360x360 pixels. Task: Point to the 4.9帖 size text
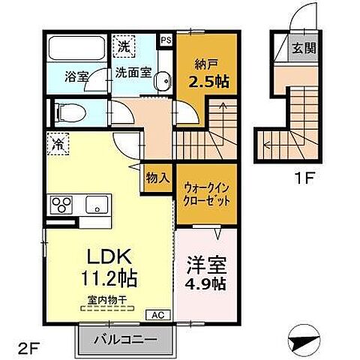pyautogui.click(x=205, y=285)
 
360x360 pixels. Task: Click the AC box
pyautogui.click(x=159, y=315)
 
